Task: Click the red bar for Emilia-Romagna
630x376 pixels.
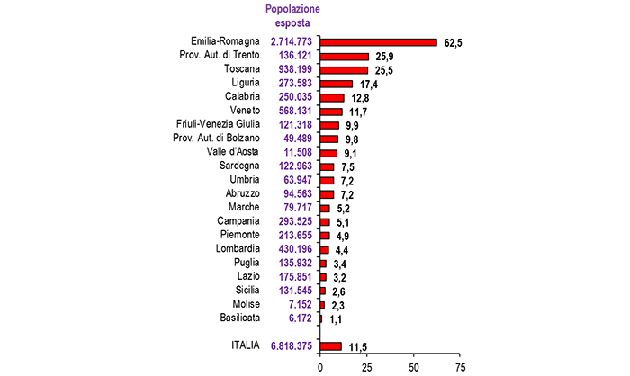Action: pos(378,42)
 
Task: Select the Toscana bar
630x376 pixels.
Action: pos(344,69)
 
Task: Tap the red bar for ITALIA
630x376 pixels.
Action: pos(330,345)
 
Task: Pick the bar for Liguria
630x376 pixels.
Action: pos(336,84)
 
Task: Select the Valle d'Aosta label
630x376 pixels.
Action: pos(233,151)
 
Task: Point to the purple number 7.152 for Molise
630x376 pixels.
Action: pos(295,304)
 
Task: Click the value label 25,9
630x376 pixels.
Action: pos(383,57)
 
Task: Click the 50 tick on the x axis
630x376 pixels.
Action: pos(414,367)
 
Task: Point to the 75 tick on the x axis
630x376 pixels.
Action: pos(462,367)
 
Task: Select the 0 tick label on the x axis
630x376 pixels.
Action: pos(319,367)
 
